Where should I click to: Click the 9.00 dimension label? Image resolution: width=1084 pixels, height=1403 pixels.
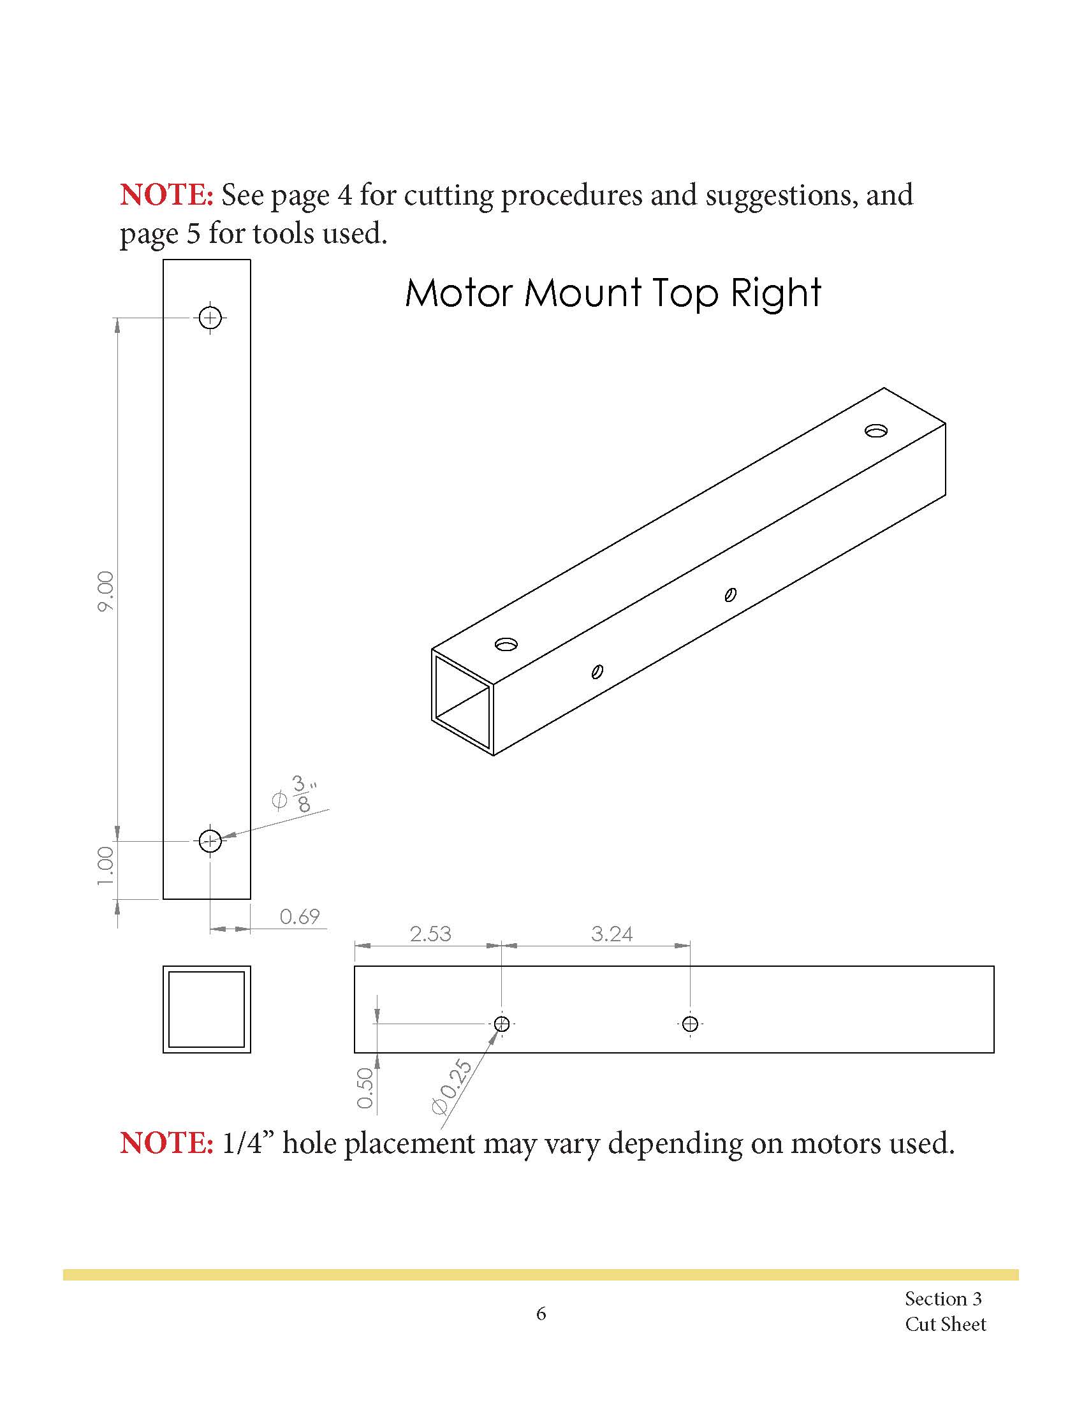pyautogui.click(x=105, y=591)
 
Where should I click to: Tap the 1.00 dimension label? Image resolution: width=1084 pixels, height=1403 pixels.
pyautogui.click(x=105, y=866)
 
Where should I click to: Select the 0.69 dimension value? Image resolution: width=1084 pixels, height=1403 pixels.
pyautogui.click(x=299, y=916)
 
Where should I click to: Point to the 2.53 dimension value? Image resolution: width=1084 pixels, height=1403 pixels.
pyautogui.click(x=430, y=934)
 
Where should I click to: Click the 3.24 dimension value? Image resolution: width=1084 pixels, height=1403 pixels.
pyautogui.click(x=612, y=934)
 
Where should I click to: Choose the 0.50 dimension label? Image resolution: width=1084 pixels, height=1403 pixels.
pyautogui.click(x=365, y=1088)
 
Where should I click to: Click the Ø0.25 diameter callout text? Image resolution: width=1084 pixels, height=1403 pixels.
pyautogui.click(x=452, y=1087)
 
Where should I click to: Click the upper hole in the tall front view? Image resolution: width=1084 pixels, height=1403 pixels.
pyautogui.click(x=210, y=318)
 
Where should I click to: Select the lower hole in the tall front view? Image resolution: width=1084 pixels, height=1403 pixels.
pyautogui.click(x=210, y=841)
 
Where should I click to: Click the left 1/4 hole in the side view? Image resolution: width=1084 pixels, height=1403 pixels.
pyautogui.click(x=502, y=1024)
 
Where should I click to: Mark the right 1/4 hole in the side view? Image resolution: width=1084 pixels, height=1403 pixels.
pyautogui.click(x=691, y=1024)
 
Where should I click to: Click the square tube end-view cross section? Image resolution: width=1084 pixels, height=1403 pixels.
pyautogui.click(x=206, y=1009)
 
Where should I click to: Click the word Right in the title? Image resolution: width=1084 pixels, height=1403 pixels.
pyautogui.click(x=776, y=293)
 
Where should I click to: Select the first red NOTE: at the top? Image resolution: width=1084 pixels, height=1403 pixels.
pyautogui.click(x=166, y=195)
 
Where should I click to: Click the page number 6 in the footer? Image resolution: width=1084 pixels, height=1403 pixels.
pyautogui.click(x=541, y=1314)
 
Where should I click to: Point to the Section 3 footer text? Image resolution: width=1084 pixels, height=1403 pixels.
pyautogui.click(x=942, y=1298)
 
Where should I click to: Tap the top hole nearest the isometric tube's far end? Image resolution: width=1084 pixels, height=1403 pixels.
pyautogui.click(x=875, y=430)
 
